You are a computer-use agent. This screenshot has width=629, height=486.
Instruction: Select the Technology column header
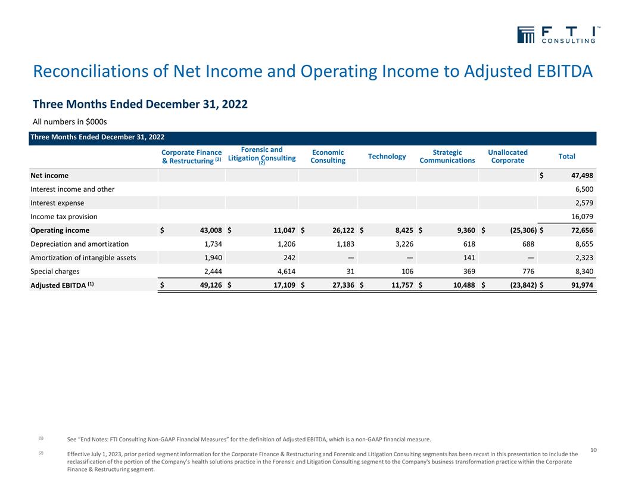tap(387, 157)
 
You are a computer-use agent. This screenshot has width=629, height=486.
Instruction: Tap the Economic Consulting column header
tap(328, 157)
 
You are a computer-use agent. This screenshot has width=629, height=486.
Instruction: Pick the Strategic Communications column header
tap(447, 157)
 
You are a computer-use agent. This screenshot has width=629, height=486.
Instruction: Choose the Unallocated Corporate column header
tap(507, 157)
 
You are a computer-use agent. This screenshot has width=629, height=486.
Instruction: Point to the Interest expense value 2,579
tap(582, 203)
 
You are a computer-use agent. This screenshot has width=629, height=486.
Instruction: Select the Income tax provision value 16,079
tap(580, 217)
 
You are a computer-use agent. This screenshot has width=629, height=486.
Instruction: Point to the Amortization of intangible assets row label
tap(83, 258)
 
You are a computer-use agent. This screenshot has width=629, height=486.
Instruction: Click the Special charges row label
tap(59, 272)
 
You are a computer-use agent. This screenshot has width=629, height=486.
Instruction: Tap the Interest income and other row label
tap(72, 189)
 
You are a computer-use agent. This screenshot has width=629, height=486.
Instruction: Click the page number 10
tap(593, 450)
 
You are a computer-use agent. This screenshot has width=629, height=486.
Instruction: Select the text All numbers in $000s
tap(70, 122)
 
